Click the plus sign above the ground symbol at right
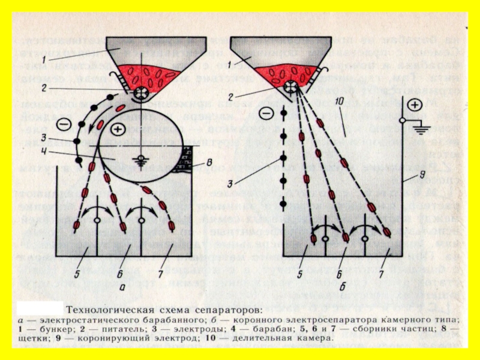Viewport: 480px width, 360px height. point(414,104)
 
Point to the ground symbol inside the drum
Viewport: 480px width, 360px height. point(142,160)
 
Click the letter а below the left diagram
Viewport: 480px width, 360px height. point(122,286)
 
